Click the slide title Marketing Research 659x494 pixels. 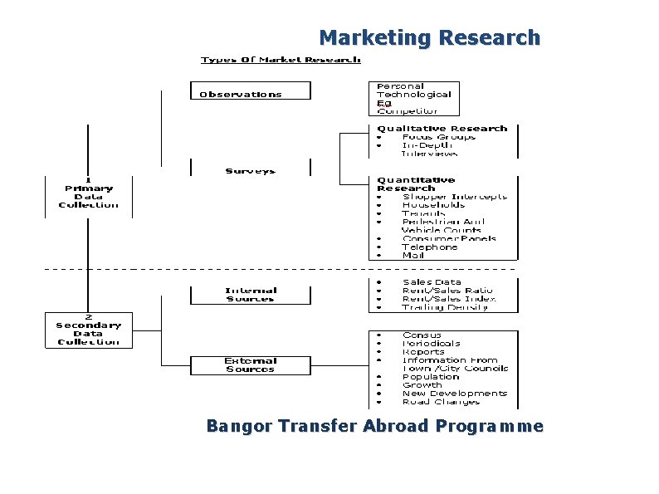[x=429, y=38]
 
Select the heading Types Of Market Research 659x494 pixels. [x=281, y=60]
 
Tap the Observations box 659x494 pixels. [x=250, y=91]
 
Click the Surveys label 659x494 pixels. [x=250, y=171]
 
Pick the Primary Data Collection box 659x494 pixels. [x=88, y=196]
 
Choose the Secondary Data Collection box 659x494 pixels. [x=88, y=330]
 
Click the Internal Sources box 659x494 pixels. [x=250, y=295]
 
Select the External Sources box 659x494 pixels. [x=250, y=365]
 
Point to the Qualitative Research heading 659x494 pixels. [x=442, y=129]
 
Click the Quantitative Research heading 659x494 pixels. [x=416, y=183]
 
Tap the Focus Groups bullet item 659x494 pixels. [x=438, y=137]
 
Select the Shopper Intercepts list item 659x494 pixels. [x=454, y=197]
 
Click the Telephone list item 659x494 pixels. [x=429, y=247]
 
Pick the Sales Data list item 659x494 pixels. [x=432, y=282]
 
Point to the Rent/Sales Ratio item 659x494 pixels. [x=447, y=291]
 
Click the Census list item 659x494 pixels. [x=422, y=335]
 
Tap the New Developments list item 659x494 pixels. [x=454, y=394]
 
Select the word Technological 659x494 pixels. [x=413, y=95]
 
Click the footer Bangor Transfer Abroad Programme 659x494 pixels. [x=374, y=427]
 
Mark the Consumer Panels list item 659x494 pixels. [x=449, y=238]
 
